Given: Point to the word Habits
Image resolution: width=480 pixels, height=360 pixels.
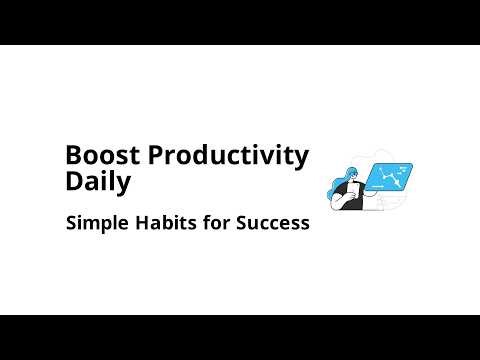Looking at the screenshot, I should point(156,223).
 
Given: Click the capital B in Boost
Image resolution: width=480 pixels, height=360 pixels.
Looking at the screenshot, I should point(72,156).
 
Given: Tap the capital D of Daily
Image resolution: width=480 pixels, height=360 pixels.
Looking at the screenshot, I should point(72,182).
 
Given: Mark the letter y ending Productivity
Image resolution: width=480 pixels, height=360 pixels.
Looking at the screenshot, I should point(302,158).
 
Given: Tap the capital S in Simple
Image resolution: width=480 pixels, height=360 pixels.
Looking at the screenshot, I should point(71,223).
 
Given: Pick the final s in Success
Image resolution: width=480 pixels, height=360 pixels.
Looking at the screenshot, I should point(305,223).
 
